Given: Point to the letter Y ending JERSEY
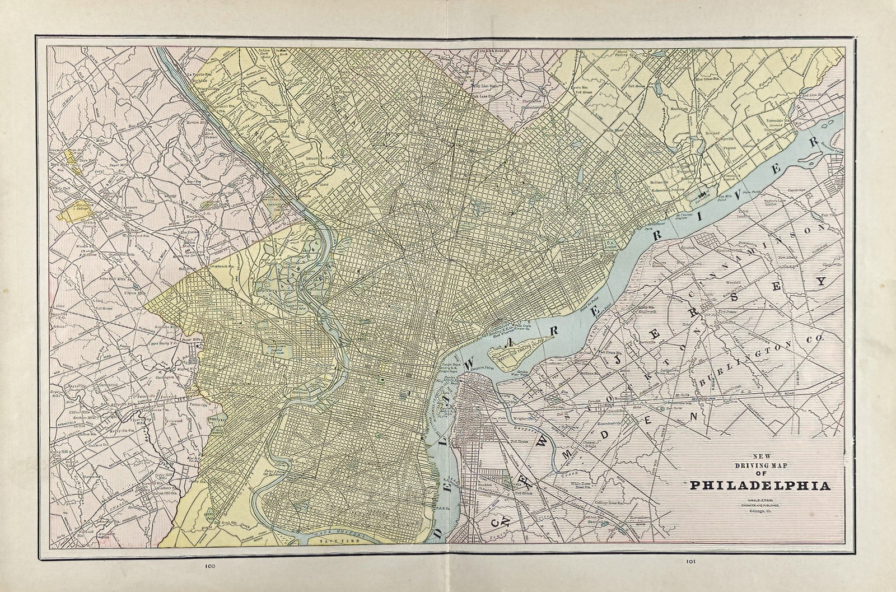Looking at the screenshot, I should [821, 282].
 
